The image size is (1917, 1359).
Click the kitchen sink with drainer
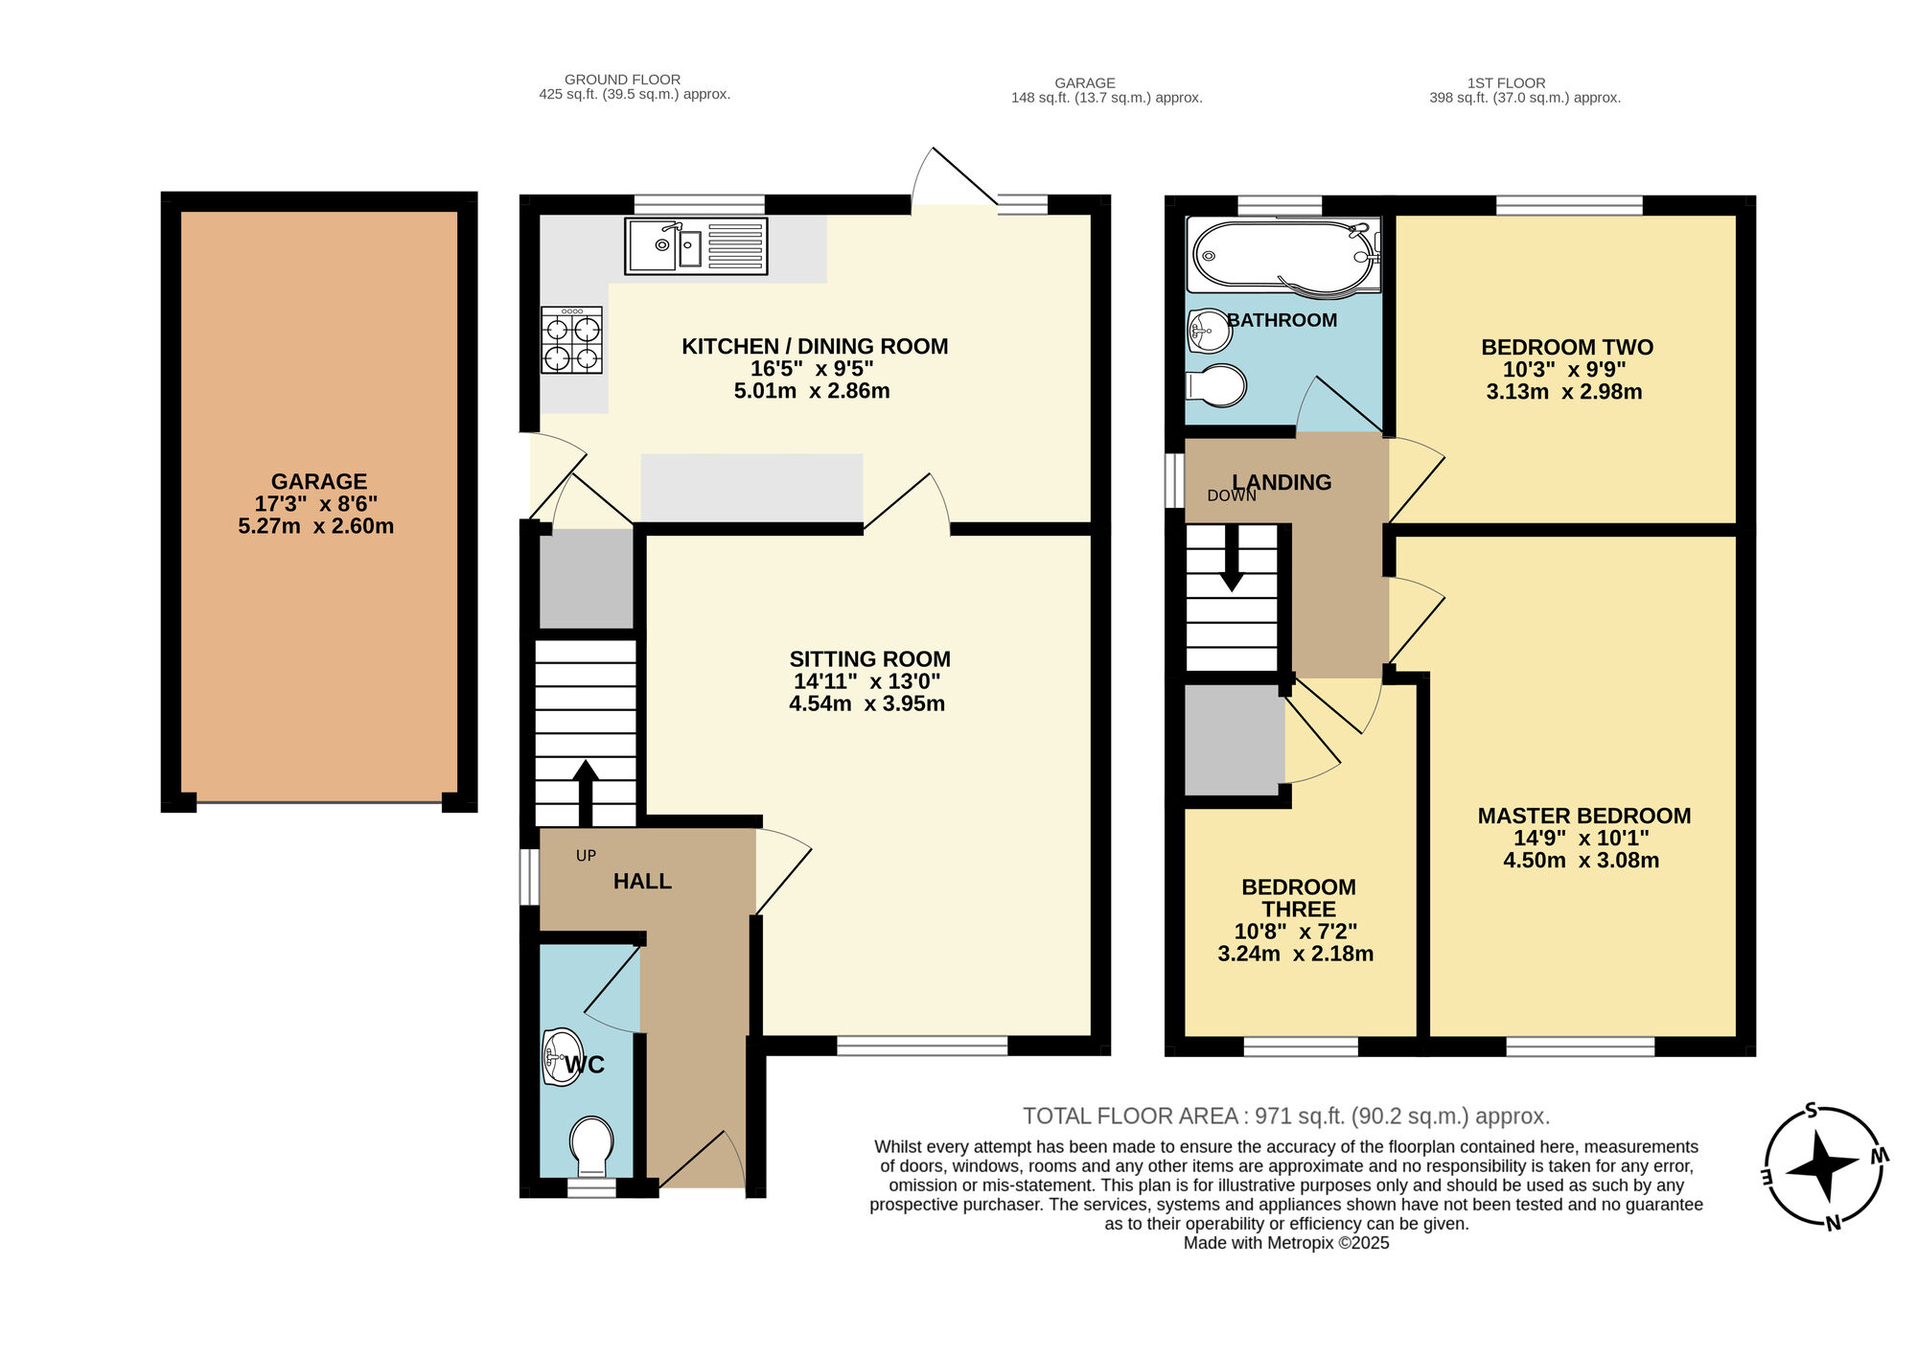[x=696, y=246]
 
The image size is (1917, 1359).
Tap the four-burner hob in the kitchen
[x=571, y=341]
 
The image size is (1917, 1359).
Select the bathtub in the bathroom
[x=1282, y=256]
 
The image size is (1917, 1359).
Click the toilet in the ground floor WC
[x=591, y=1146]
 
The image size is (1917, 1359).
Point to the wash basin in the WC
[x=561, y=1057]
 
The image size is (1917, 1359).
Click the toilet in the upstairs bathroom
[x=1217, y=386]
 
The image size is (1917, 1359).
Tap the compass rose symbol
[x=1823, y=1166]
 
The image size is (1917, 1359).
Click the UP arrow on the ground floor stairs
[x=585, y=792]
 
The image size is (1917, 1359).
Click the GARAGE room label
[x=318, y=482]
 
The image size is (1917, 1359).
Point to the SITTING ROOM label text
[x=869, y=659]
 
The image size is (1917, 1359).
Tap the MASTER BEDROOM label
[x=1583, y=817]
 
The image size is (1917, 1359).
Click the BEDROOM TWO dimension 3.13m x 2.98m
[x=1563, y=392]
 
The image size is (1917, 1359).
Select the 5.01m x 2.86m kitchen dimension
[x=812, y=391]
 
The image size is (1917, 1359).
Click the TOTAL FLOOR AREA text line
[x=1285, y=1117]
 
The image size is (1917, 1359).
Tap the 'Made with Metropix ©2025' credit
[x=1285, y=1243]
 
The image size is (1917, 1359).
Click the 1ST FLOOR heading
[x=1506, y=83]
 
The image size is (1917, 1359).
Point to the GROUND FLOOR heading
[x=622, y=80]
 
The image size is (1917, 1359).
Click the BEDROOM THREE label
[x=1298, y=898]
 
